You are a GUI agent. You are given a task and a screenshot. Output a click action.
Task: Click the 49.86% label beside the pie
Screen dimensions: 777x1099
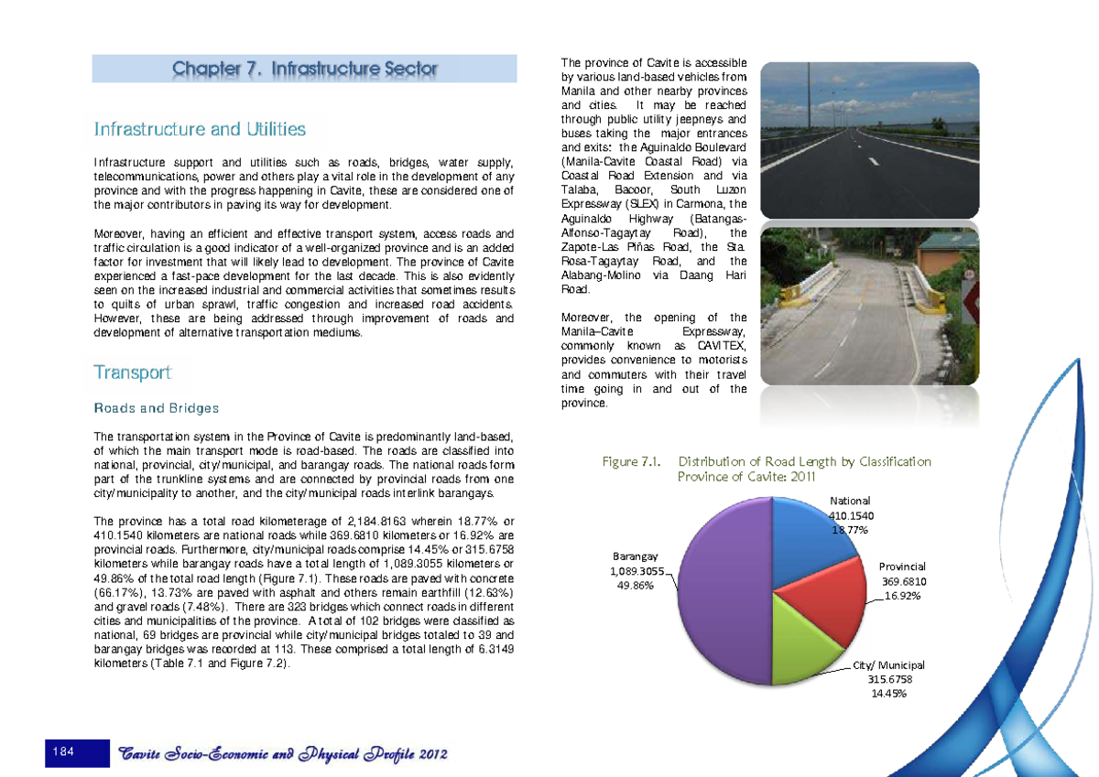tap(635, 587)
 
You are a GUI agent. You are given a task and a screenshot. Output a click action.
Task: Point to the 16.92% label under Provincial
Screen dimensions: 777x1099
tap(903, 596)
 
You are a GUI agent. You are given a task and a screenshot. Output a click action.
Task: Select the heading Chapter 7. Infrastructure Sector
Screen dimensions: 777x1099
tap(305, 69)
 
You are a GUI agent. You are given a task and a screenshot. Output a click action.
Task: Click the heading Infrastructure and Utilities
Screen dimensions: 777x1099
tap(200, 129)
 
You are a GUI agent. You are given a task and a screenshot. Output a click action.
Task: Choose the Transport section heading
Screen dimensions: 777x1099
tap(132, 372)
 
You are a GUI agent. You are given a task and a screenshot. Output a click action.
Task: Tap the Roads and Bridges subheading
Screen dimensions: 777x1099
tap(156, 408)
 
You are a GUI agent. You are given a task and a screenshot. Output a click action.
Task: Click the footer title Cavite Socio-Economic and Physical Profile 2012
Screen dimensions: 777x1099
tap(283, 754)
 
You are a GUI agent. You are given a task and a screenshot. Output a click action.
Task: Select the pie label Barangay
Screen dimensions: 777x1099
tap(633, 556)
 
